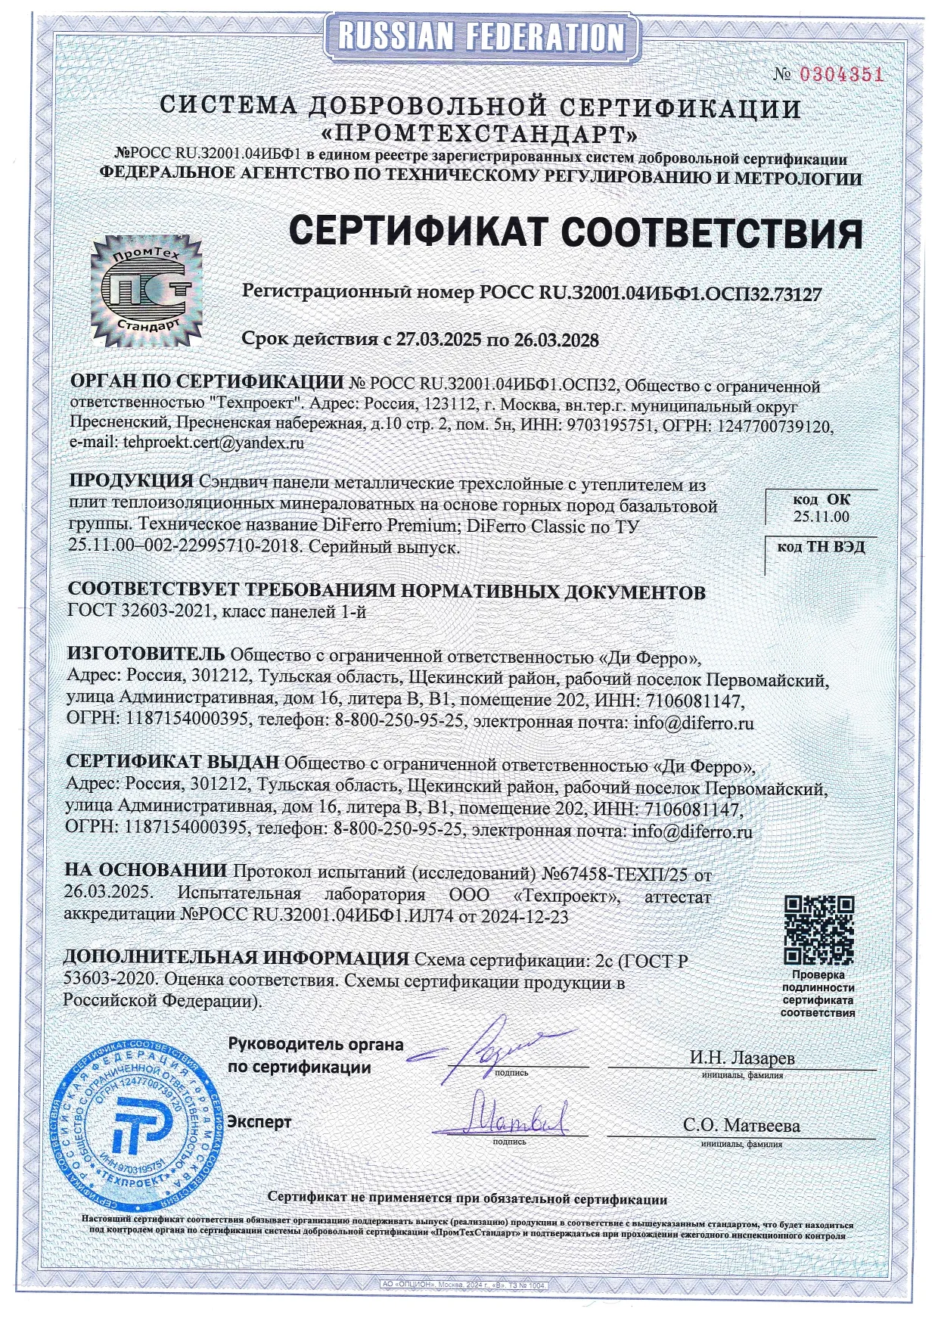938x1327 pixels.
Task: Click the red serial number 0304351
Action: click(841, 74)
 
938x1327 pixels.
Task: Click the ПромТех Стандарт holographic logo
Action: click(147, 291)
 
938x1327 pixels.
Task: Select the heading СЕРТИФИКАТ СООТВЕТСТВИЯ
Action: click(576, 232)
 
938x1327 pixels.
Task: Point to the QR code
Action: click(818, 931)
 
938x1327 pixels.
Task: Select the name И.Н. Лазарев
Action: click(741, 1057)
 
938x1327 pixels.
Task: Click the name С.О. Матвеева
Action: click(741, 1125)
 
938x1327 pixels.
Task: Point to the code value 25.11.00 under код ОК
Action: click(821, 517)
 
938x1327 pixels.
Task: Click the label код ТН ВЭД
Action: click(821, 546)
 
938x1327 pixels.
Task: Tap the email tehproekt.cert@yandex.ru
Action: click(214, 443)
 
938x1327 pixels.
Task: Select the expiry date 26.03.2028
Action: click(556, 340)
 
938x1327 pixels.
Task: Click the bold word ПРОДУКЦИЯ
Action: click(132, 481)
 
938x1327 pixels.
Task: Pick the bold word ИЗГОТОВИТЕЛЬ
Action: click(146, 653)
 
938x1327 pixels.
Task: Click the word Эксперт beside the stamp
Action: click(259, 1121)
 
